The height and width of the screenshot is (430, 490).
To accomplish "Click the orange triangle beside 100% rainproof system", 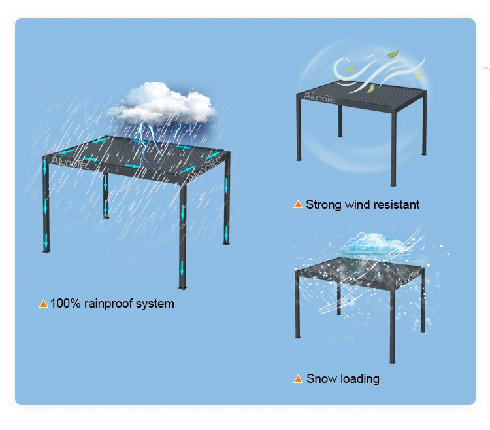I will (x=43, y=304).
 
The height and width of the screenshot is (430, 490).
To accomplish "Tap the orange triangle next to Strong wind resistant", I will (x=298, y=205).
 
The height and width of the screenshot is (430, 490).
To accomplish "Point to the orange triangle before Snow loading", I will (x=298, y=379).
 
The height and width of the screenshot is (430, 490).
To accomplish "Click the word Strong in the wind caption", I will (x=323, y=205).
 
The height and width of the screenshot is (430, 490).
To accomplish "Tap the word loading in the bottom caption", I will (x=358, y=379).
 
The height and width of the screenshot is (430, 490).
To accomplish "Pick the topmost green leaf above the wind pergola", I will (x=393, y=55).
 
